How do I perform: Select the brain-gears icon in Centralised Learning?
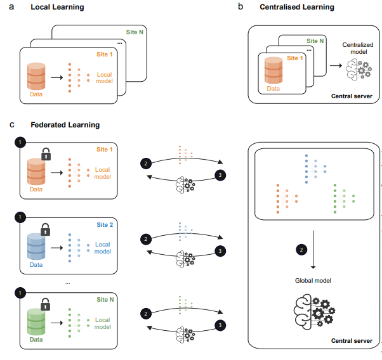click(360, 71)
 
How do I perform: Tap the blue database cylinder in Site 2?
click(37, 247)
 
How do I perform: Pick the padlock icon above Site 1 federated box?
click(46, 153)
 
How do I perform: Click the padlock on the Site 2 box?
click(46, 228)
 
